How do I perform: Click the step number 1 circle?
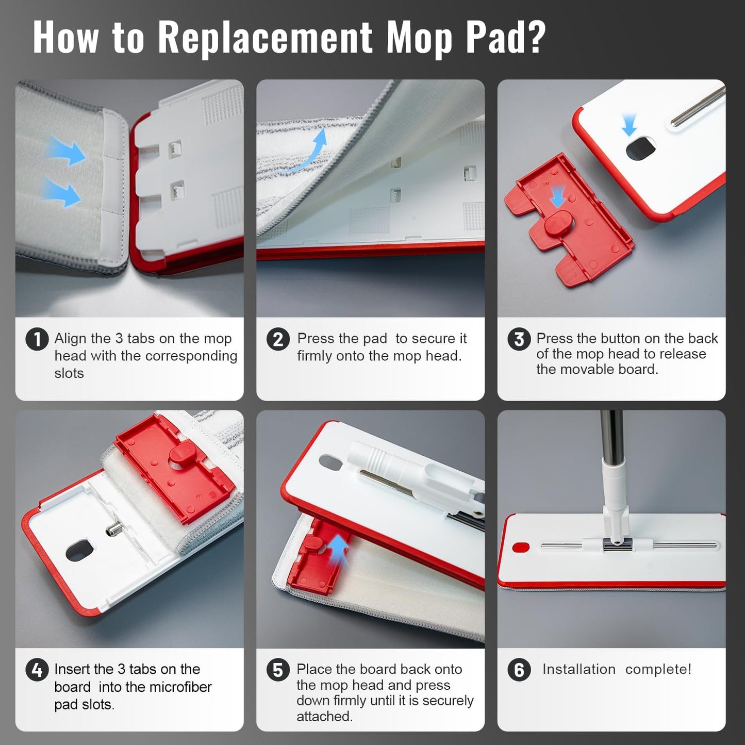tap(37, 339)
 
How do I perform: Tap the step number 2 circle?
tap(278, 339)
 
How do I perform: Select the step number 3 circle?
tap(519, 339)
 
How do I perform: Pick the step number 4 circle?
tap(37, 670)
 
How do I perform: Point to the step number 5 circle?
tap(278, 670)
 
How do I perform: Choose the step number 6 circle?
tap(519, 670)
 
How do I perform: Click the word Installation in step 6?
tap(579, 669)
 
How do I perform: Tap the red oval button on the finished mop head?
tap(520, 548)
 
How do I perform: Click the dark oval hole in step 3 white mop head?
tap(641, 149)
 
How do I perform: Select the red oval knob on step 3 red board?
tap(559, 223)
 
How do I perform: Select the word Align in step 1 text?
tap(70, 339)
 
